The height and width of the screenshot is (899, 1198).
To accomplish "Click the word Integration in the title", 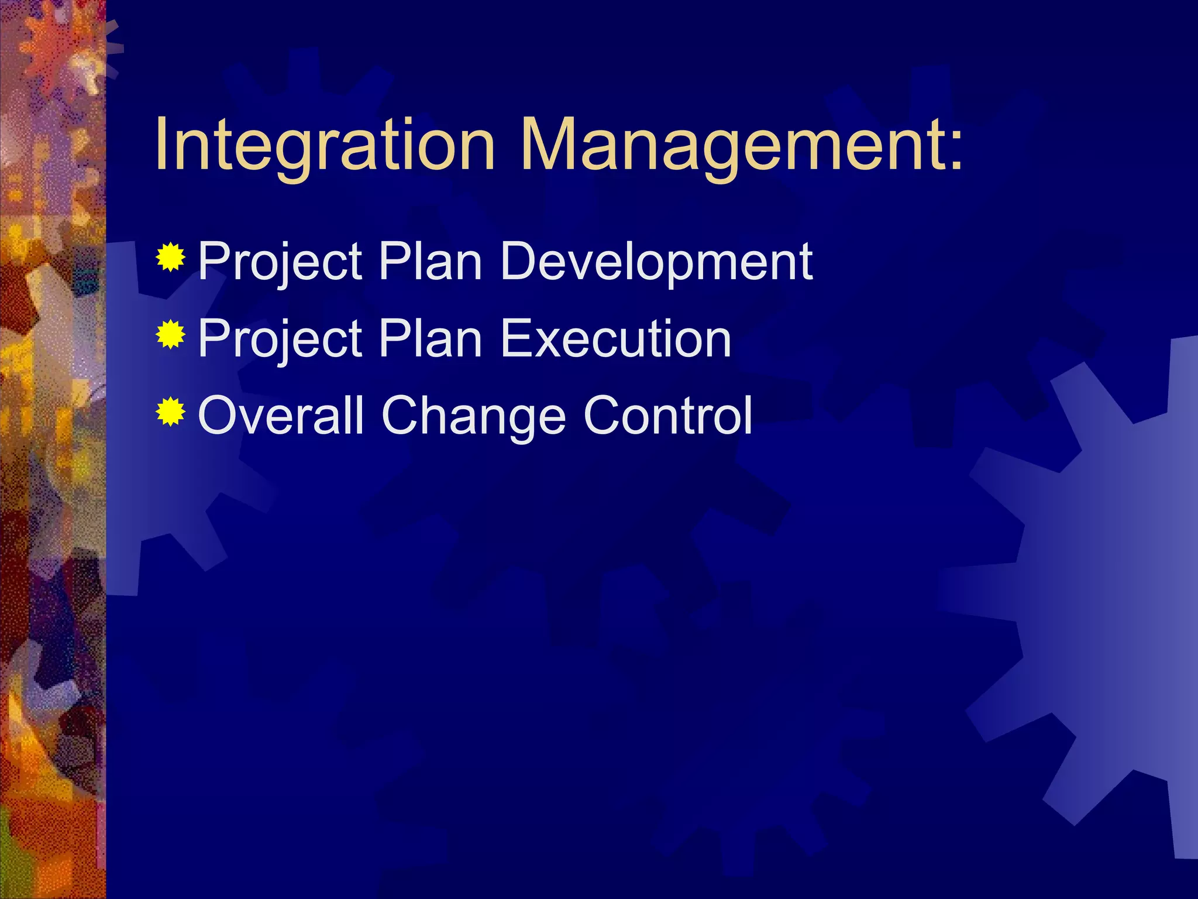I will point(325,145).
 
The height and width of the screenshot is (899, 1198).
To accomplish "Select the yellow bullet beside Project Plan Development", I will point(171,258).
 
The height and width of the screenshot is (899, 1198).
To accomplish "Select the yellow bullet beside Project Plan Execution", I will point(171,335).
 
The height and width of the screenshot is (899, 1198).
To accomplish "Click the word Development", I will point(656,262).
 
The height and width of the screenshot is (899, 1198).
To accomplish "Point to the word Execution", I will point(616,339).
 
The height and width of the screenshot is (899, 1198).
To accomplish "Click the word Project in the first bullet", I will point(280,262).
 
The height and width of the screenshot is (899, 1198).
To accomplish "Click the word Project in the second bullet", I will point(280,339).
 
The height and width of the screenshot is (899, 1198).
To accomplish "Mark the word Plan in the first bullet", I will point(430,262).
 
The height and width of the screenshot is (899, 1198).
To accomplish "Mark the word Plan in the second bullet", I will point(430,339).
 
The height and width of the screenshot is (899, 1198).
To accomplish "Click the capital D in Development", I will point(520,262).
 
